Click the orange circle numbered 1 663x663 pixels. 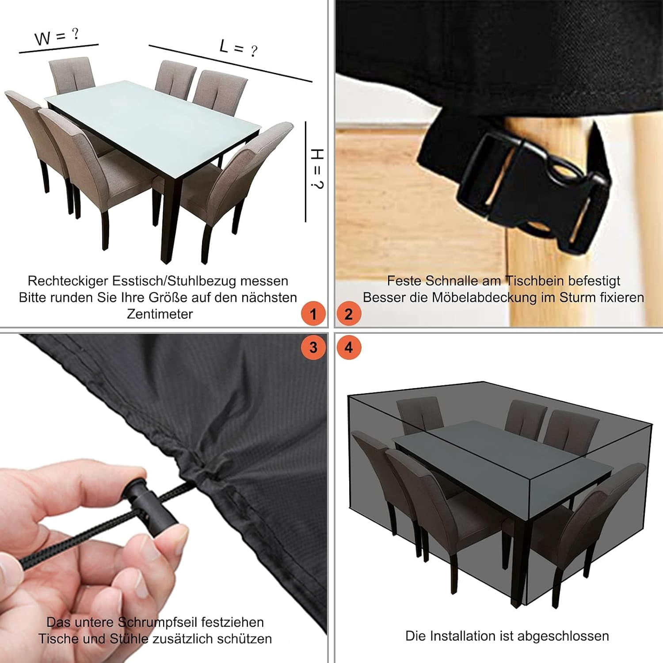[x=313, y=314]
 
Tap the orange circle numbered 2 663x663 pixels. [x=349, y=314]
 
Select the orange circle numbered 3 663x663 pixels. [x=313, y=347]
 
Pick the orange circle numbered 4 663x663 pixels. [x=349, y=347]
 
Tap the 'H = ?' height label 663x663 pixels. [x=317, y=169]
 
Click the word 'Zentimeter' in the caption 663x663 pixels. [x=160, y=314]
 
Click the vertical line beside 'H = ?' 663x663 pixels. [x=305, y=171]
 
